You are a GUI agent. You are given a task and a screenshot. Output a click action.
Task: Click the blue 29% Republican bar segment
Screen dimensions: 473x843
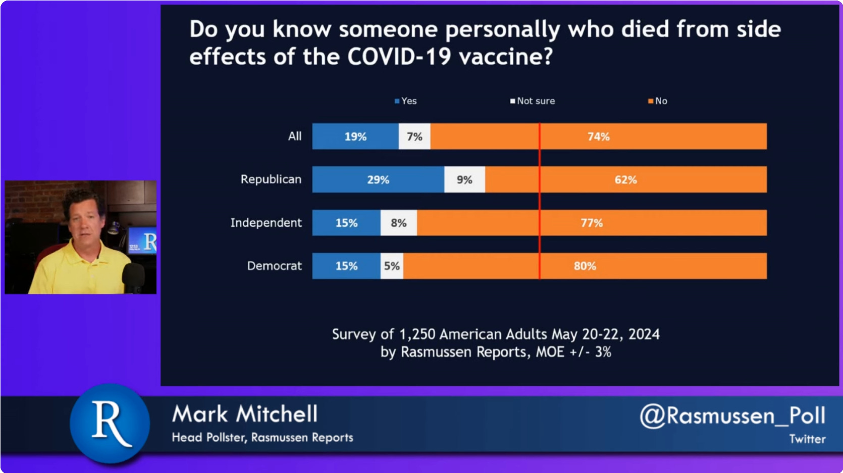[378, 180]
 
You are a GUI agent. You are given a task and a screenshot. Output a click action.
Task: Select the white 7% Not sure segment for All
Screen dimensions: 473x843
[414, 137]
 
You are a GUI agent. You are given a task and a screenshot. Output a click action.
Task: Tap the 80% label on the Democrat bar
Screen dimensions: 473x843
[585, 266]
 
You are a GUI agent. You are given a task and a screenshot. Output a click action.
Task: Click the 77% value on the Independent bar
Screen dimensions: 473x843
[592, 223]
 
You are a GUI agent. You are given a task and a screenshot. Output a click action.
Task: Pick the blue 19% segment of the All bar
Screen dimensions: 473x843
[355, 137]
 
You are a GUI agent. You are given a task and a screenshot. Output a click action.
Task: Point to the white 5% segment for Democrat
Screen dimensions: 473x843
[392, 266]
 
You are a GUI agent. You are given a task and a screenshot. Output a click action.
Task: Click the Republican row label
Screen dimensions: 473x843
[271, 180]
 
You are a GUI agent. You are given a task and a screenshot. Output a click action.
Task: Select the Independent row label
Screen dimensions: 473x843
[266, 223]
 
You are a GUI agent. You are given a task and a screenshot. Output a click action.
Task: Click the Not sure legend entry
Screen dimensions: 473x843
[533, 101]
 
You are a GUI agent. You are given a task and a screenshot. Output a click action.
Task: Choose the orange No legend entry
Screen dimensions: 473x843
[658, 101]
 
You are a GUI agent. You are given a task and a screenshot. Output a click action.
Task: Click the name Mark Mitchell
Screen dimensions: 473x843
[245, 415]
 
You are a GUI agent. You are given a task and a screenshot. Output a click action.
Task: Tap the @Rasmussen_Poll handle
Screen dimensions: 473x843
[732, 416]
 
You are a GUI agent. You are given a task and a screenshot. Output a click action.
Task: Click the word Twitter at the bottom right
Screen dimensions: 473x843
[807, 439]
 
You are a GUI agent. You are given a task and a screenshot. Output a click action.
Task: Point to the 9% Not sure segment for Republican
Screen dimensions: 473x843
[464, 180]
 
